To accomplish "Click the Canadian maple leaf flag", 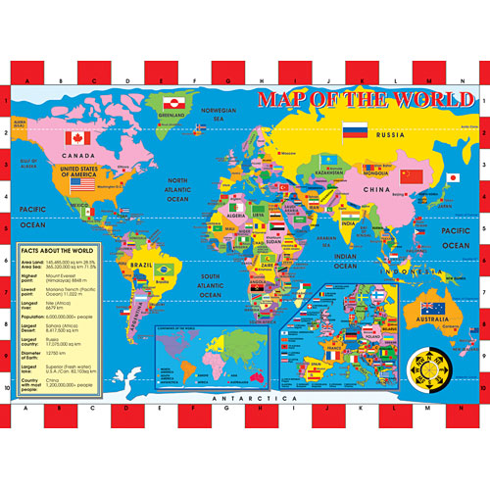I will (x=76, y=137).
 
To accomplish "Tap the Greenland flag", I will (x=170, y=101).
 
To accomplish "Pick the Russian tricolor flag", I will (x=354, y=129).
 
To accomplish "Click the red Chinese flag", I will (x=412, y=176).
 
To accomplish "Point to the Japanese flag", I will (x=453, y=178).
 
